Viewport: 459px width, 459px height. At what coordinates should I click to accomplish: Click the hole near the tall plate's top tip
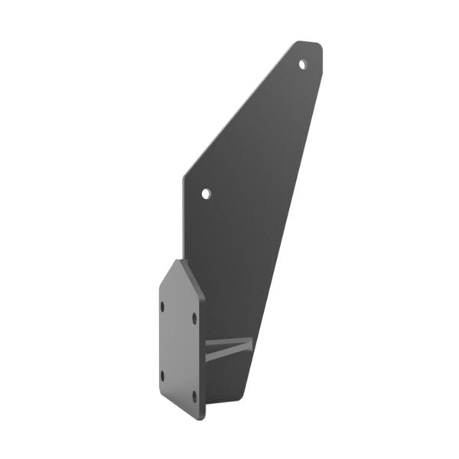coord(302,64)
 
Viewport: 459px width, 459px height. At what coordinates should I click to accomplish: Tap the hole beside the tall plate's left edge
coord(205,193)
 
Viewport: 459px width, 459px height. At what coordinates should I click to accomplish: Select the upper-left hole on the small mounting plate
coord(162,306)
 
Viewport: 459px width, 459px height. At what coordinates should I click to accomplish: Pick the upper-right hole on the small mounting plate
coord(194,316)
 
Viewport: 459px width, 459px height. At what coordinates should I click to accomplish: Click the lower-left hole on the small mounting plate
coord(162,375)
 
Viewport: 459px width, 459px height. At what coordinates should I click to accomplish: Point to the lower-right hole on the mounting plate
coord(194,395)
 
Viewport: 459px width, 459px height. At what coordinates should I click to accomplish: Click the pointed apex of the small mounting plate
coord(181,261)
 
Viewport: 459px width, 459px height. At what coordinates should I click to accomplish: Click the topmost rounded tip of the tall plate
coord(300,43)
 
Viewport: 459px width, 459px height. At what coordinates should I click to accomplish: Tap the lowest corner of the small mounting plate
coord(201,418)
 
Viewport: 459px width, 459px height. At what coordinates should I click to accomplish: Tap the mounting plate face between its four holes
coord(178,348)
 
